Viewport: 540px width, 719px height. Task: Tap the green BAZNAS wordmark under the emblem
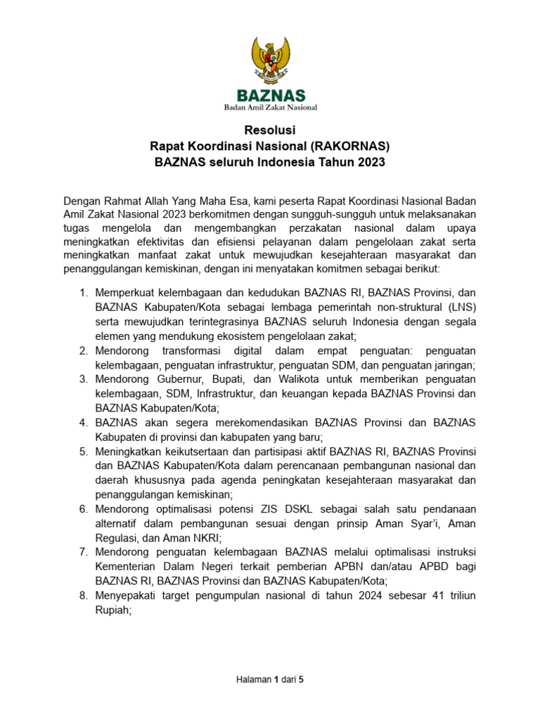270,95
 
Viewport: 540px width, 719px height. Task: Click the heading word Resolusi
270,131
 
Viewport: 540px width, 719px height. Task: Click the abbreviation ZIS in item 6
263,509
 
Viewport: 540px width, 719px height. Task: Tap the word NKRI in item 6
204,538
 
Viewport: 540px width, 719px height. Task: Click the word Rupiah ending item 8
113,611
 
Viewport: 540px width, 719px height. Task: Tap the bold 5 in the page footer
301,680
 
